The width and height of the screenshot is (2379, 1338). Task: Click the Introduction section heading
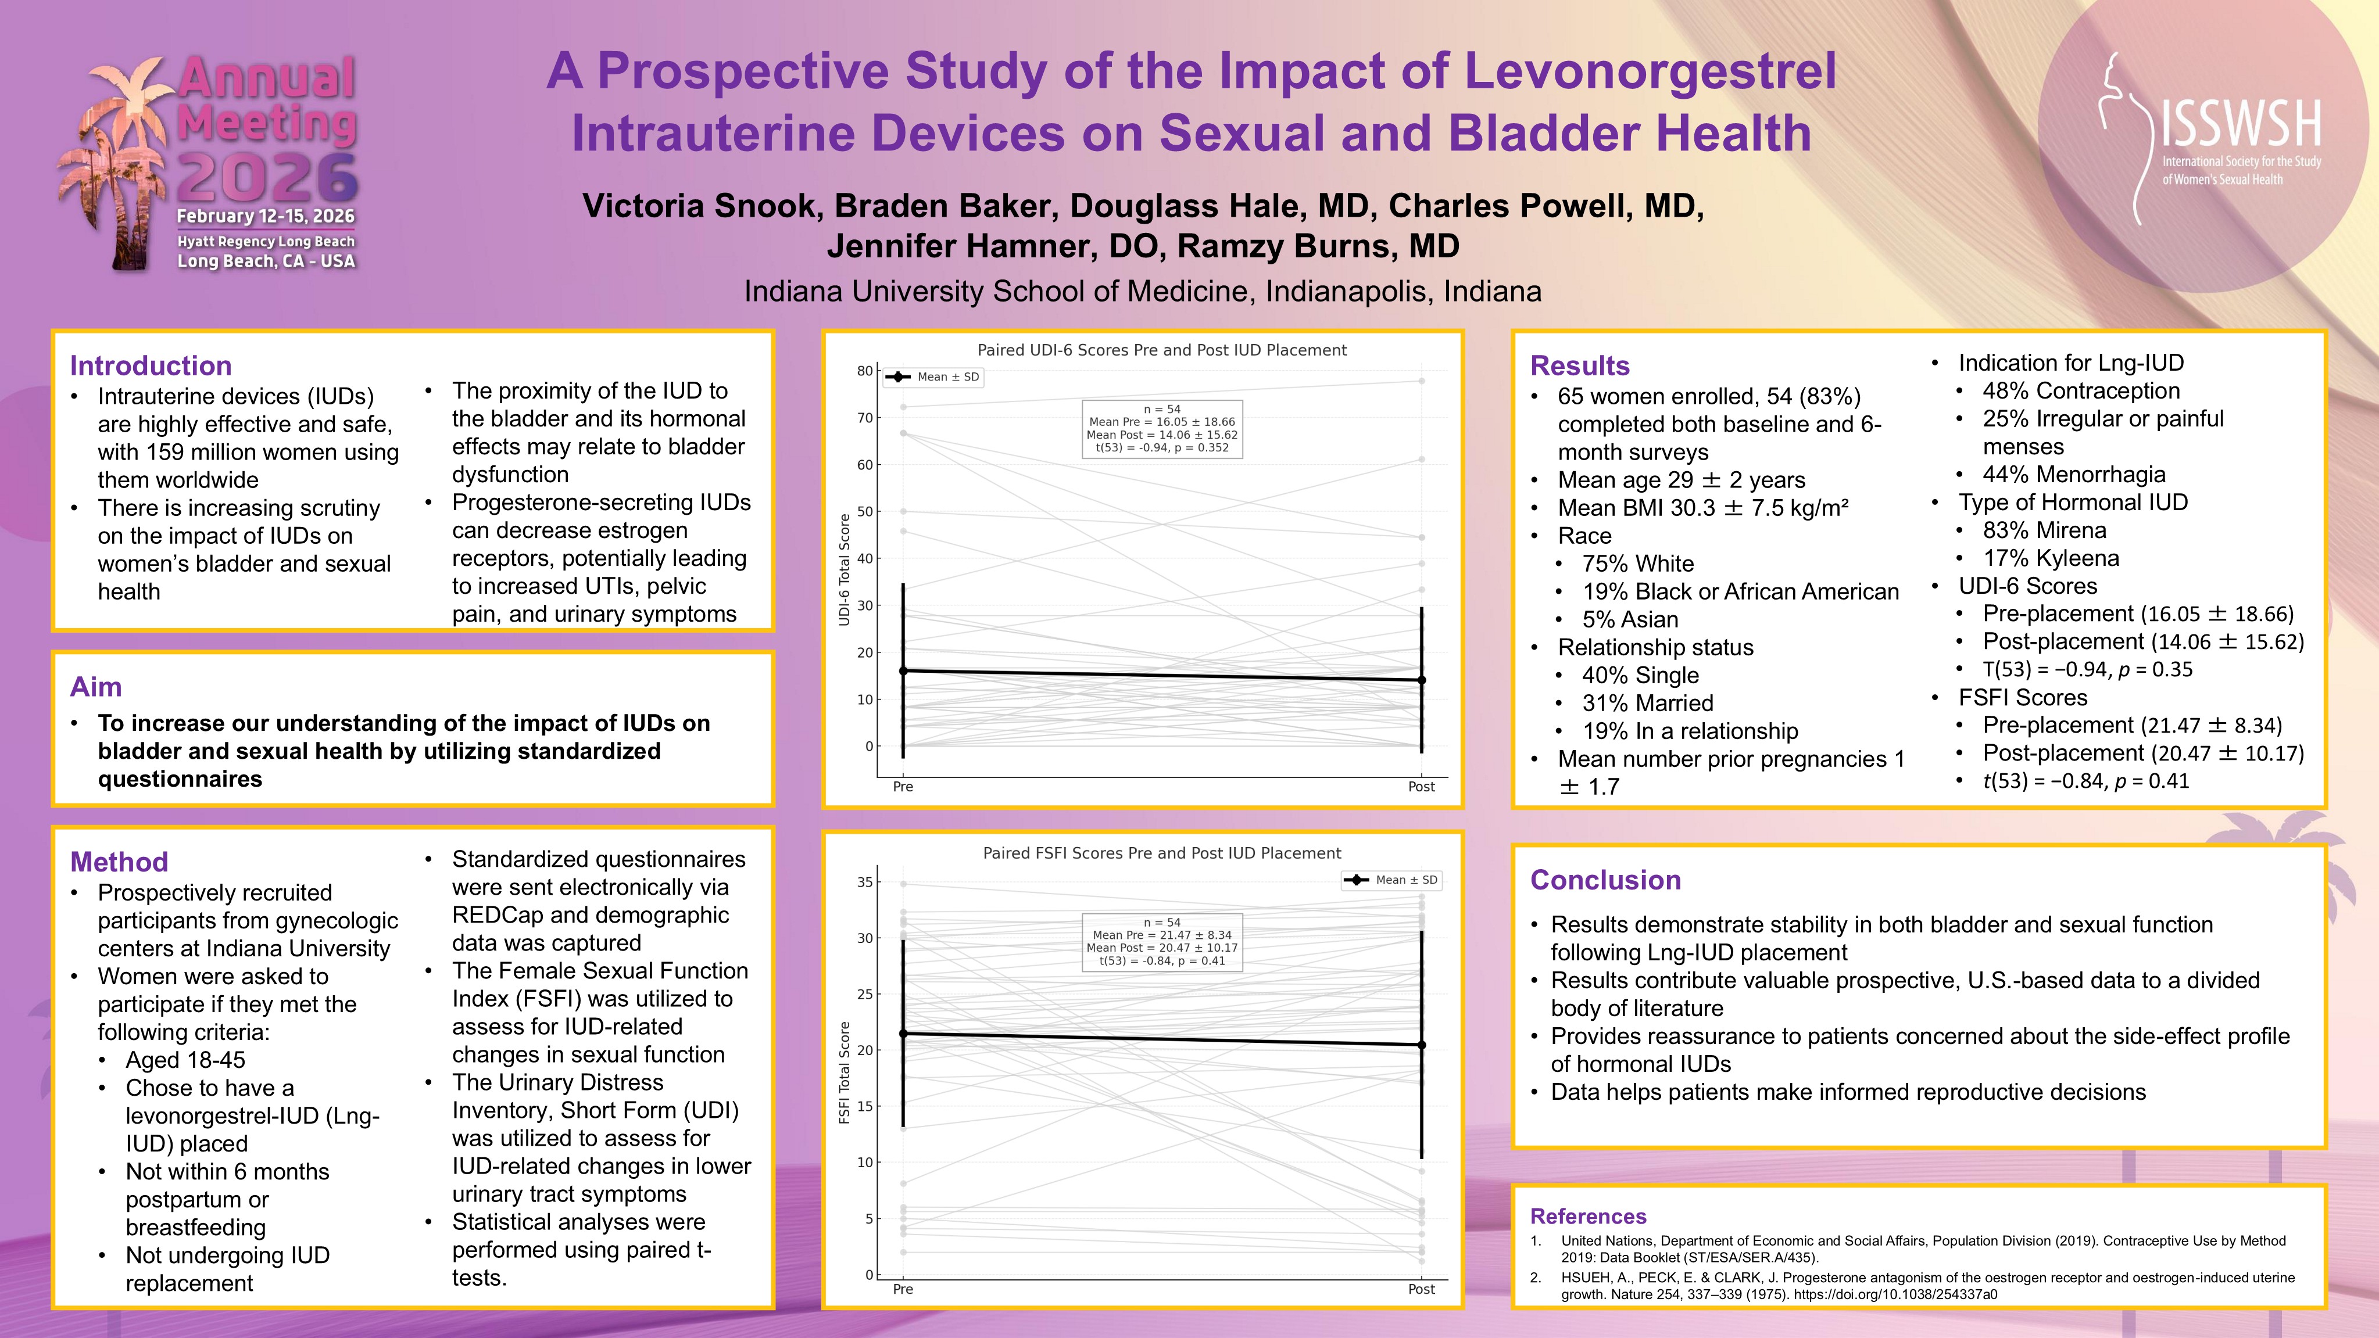151,365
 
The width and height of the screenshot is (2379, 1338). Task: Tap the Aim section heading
96,687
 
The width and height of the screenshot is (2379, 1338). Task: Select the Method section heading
119,862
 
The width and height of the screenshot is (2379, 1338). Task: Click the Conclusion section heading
1605,880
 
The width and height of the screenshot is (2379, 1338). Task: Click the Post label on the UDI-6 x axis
1421,787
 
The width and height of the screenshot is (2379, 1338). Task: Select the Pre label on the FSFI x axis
903,1289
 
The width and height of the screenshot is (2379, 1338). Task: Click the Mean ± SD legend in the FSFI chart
1391,880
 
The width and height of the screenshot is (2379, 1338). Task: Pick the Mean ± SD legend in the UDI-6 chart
933,376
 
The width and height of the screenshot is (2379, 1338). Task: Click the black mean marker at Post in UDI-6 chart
1421,680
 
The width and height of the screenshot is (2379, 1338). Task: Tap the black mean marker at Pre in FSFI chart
903,1034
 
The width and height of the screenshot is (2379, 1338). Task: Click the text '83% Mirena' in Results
2044,530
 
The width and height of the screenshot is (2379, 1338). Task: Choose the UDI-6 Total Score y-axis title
844,570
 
